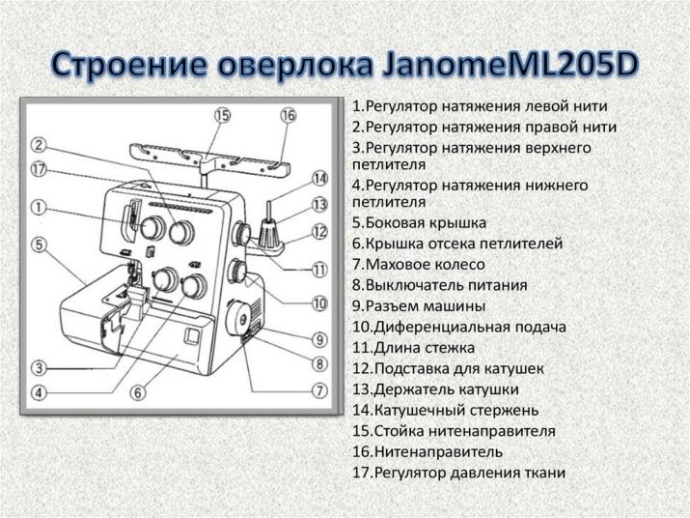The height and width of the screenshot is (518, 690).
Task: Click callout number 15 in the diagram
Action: point(224,115)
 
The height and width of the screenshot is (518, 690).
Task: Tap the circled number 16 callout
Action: point(288,115)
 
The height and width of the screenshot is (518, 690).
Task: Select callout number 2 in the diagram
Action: point(39,145)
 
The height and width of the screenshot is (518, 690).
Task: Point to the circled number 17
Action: point(39,168)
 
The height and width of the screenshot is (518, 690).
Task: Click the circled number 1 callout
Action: point(39,206)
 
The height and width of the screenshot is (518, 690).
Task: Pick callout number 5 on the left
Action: point(39,245)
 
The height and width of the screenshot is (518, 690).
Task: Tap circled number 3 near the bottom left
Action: point(39,367)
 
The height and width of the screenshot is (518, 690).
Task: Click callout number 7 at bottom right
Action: point(320,390)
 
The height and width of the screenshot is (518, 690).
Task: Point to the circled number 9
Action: point(320,339)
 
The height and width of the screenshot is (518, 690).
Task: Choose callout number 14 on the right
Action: point(320,179)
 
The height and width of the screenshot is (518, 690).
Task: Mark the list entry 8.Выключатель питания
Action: point(439,285)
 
